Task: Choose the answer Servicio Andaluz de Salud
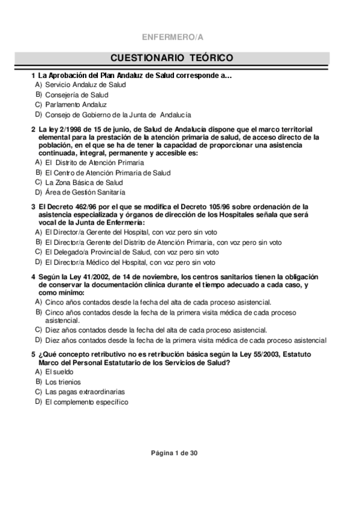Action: click(85, 85)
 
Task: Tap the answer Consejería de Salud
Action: click(77, 95)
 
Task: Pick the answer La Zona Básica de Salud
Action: click(84, 182)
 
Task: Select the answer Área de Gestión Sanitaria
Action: click(85, 192)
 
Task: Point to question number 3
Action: click(33, 207)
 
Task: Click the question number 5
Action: click(33, 355)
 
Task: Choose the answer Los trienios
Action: click(62, 382)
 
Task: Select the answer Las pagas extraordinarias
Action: click(83, 392)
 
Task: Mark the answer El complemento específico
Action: click(86, 402)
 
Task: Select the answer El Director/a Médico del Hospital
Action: click(130, 262)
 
